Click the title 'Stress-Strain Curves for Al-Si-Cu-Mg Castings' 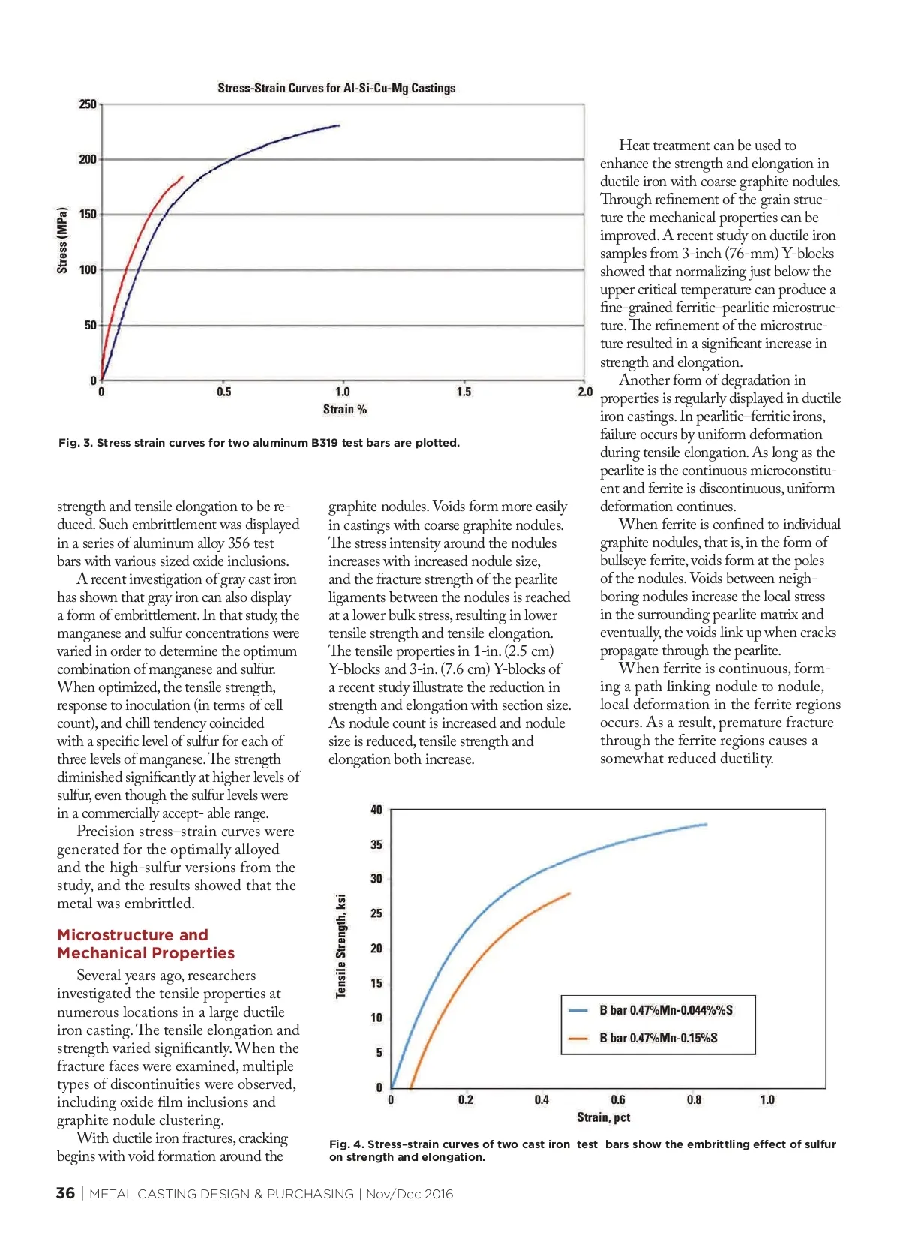(x=336, y=88)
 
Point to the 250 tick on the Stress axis (x=88, y=104)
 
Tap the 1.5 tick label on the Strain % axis (x=463, y=392)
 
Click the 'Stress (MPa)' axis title (x=62, y=240)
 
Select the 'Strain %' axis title (x=344, y=410)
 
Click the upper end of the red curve (x=182, y=177)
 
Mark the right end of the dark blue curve (x=339, y=125)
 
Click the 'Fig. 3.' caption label (x=75, y=443)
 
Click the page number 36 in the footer (x=65, y=1193)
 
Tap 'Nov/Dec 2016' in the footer (x=409, y=1194)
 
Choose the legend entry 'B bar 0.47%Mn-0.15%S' (x=658, y=1038)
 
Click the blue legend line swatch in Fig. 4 (x=578, y=1011)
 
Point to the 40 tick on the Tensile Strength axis (x=376, y=810)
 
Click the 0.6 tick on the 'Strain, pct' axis (x=617, y=1100)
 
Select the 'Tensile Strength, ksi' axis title (x=341, y=946)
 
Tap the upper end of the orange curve (x=569, y=893)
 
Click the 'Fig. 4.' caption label (x=346, y=1144)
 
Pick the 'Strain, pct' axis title (x=603, y=1117)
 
